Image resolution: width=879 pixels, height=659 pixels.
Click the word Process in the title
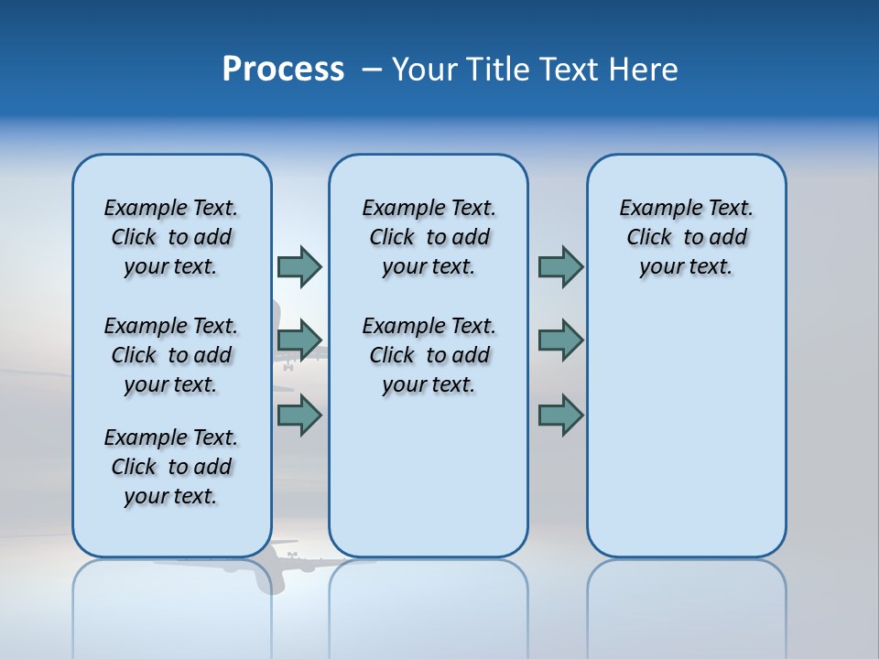pos(283,70)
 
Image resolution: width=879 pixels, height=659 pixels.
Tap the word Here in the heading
pos(644,70)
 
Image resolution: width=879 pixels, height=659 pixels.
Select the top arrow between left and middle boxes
pos(299,266)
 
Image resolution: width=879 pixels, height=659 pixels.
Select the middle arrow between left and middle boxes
pos(299,340)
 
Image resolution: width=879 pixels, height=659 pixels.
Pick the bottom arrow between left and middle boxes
pos(299,415)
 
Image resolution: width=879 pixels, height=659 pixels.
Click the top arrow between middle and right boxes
pos(560,266)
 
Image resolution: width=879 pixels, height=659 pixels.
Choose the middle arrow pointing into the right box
pos(560,340)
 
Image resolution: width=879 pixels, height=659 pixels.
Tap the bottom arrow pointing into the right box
pos(560,415)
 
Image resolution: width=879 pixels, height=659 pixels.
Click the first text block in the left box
pos(171,237)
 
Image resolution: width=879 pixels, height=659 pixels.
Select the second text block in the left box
pos(171,355)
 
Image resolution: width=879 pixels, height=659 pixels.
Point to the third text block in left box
pos(171,467)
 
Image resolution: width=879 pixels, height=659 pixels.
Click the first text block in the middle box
pos(429,237)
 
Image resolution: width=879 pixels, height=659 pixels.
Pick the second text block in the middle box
pos(429,355)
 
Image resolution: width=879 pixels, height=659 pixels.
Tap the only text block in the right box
pos(686,237)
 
